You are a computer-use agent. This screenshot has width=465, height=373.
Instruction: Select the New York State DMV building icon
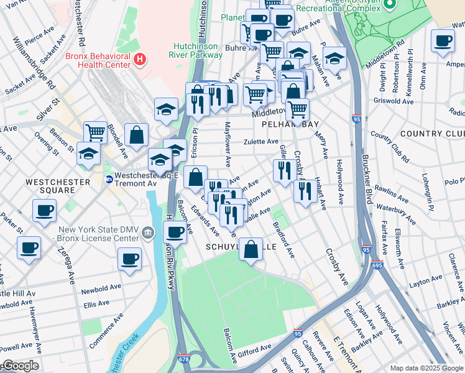pyautogui.click(x=148, y=233)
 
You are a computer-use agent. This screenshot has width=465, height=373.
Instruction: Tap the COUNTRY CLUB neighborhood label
pyautogui.click(x=432, y=134)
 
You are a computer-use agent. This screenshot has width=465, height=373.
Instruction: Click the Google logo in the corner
pyautogui.click(x=20, y=366)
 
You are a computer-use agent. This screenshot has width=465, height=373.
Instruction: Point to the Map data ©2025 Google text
pyautogui.click(x=426, y=368)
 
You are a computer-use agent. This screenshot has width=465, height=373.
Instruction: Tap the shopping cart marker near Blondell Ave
pyautogui.click(x=95, y=131)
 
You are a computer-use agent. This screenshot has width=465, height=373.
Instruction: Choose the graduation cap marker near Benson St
pyautogui.click(x=89, y=152)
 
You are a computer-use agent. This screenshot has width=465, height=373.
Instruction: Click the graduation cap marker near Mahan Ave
pyautogui.click(x=334, y=58)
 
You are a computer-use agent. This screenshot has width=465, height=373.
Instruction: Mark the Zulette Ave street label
pyautogui.click(x=260, y=142)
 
